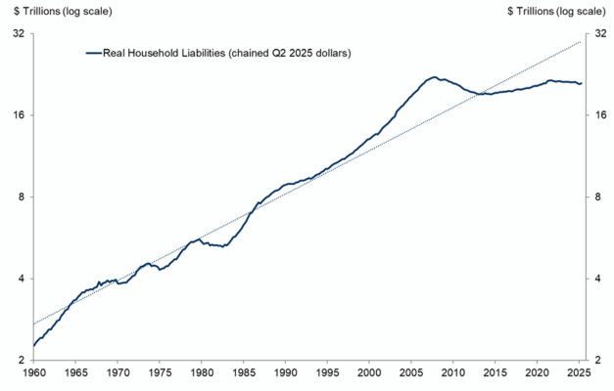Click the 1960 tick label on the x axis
[33, 371]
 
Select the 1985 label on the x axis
[243, 371]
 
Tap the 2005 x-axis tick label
[410, 371]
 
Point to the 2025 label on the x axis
[579, 371]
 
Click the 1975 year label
[160, 371]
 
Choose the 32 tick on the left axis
[20, 33]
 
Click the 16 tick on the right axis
[600, 115]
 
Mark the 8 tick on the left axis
[22, 196]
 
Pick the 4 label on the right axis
[598, 279]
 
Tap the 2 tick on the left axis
[22, 360]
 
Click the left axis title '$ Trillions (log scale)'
[63, 12]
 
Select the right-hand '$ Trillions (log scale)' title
[556, 12]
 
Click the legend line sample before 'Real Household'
[94, 53]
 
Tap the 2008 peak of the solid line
[434, 77]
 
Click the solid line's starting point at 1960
[34, 346]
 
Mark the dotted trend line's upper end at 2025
[581, 41]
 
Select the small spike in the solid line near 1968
[99, 282]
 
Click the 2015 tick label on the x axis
[495, 371]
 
